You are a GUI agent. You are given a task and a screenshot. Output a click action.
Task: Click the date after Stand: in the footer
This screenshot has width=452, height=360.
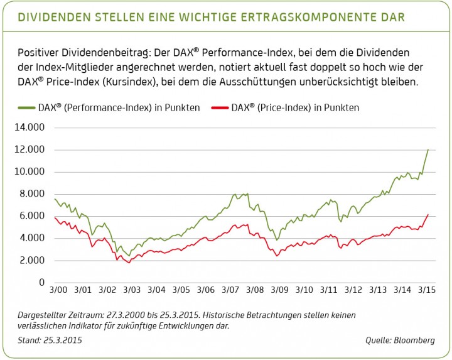pyautogui.click(x=62, y=340)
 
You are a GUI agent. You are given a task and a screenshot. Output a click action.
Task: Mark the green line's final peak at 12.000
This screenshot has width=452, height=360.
pyautogui.click(x=428, y=150)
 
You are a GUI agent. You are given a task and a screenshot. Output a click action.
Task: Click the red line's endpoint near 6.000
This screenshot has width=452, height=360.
pyautogui.click(x=428, y=214)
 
